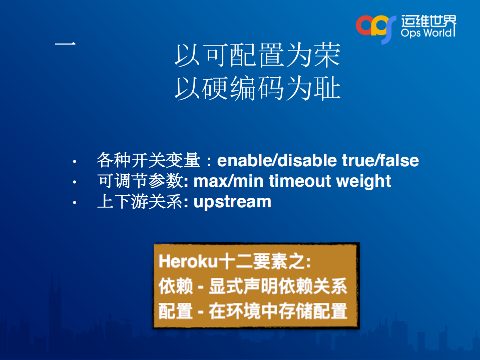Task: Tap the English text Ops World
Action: [x=428, y=33]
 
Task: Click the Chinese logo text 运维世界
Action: [x=428, y=21]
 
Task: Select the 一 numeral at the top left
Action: [x=65, y=44]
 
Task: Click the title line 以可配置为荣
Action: [x=257, y=56]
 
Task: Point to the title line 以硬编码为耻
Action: [x=257, y=89]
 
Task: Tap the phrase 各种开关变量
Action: [x=148, y=161]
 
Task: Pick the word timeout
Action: [x=300, y=181]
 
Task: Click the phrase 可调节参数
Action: [x=139, y=181]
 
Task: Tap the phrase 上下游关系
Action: [x=139, y=201]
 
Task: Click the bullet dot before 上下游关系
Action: [x=74, y=202]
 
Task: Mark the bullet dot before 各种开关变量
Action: [x=74, y=162]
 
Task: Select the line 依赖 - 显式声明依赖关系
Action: [x=253, y=286]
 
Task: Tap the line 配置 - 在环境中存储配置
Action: [x=253, y=311]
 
